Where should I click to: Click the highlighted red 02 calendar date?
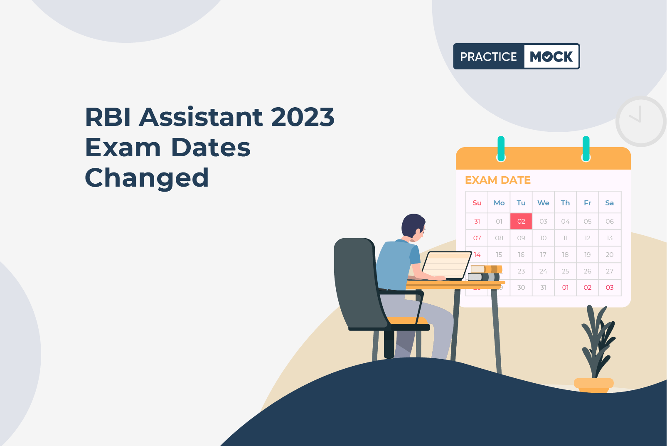point(521,221)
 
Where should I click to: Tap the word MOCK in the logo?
point(551,57)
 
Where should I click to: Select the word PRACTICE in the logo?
point(488,57)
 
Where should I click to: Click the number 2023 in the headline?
point(303,117)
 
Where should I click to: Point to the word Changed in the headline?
point(147,178)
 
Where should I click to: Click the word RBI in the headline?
point(108,117)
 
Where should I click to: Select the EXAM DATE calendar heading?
point(498,180)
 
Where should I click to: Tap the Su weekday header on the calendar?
point(477,203)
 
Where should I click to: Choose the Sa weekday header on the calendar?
point(610,203)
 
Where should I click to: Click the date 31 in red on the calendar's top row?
point(477,221)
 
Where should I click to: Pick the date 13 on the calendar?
point(610,238)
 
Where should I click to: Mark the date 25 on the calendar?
point(565,271)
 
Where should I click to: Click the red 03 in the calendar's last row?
point(610,287)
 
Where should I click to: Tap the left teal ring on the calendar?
point(501,149)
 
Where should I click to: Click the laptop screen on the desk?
point(446,265)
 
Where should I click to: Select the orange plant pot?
point(594,385)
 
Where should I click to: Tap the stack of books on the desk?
point(485,273)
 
